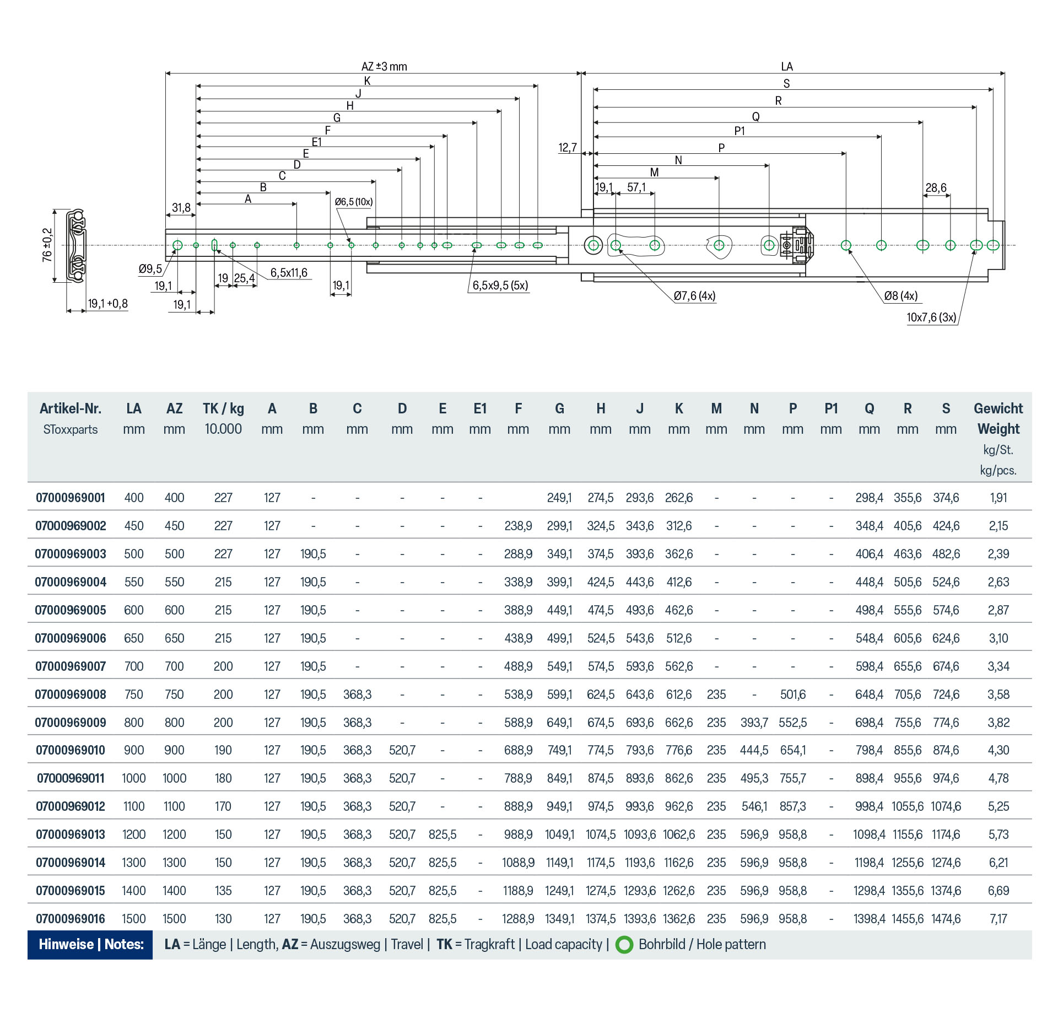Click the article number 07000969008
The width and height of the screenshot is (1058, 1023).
pos(71,694)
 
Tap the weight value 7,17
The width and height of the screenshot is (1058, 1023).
pos(998,919)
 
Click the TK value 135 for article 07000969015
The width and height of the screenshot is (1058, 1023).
pos(223,891)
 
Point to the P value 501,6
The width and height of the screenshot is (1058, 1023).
pos(793,694)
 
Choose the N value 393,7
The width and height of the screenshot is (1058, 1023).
pos(754,723)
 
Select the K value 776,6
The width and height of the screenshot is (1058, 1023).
pos(679,750)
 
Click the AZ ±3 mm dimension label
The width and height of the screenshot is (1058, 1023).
pos(384,67)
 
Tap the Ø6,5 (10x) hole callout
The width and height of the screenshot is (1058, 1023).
pos(354,202)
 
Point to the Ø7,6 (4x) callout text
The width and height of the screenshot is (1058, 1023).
pos(694,296)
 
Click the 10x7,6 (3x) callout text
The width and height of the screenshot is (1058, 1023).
pos(931,317)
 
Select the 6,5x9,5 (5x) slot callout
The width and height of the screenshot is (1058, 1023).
pos(500,286)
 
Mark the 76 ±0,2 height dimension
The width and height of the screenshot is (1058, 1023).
pos(47,245)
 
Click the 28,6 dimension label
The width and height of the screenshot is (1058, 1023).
pos(936,188)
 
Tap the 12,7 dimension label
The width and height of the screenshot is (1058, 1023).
pos(568,148)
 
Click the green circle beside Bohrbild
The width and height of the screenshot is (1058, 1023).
pos(624,945)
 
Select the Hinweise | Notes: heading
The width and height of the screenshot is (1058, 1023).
pos(91,945)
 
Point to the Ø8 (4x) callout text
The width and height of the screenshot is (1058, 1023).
pos(901,296)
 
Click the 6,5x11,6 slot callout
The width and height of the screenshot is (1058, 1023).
pos(289,273)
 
